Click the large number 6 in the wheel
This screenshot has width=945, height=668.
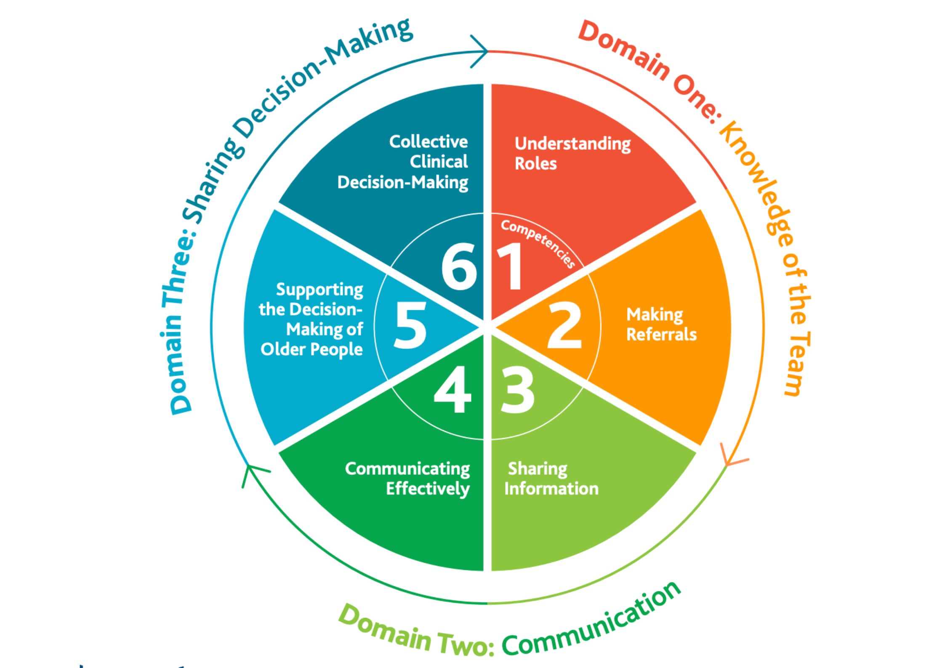459,267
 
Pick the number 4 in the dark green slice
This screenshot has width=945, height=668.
452,389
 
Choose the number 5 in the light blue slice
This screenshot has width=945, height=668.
410,326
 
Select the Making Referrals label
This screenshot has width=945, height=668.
661,325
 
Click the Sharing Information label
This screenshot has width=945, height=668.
551,479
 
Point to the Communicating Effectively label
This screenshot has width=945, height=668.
407,479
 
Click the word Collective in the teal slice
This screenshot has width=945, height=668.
428,142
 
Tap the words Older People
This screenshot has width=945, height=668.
311,349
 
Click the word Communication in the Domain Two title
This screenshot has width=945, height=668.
591,622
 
